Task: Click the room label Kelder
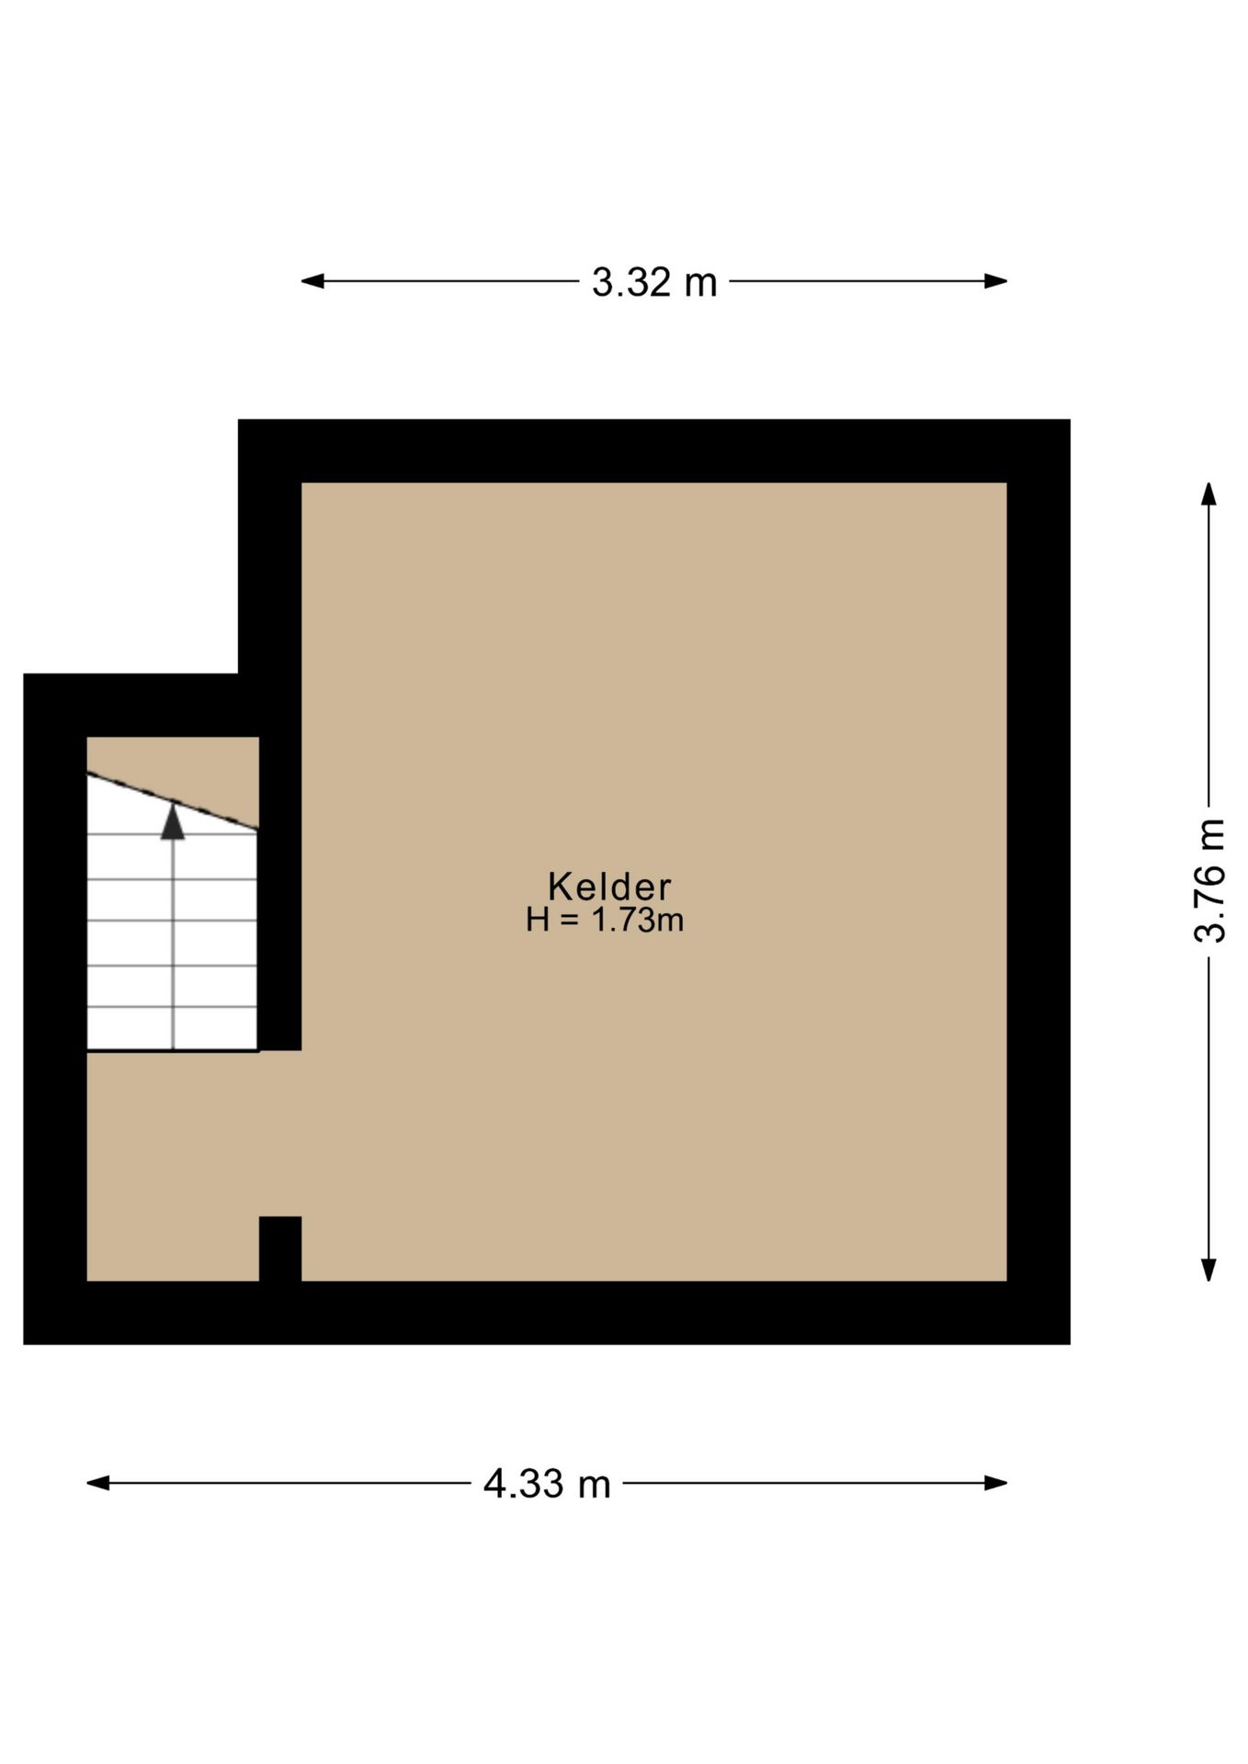click(609, 887)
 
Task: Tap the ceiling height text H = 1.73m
click(605, 920)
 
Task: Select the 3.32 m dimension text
click(654, 282)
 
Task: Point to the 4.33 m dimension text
click(547, 1484)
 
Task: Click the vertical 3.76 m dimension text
click(1209, 881)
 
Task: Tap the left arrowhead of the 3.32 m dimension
click(312, 281)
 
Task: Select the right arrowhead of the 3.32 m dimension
click(996, 281)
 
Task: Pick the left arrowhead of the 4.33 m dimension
click(98, 1483)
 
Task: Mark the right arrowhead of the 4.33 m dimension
click(996, 1483)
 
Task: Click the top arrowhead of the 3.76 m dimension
click(1209, 494)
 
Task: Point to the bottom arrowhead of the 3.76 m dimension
click(1209, 1269)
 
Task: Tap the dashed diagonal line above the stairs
click(173, 802)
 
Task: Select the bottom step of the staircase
click(172, 1028)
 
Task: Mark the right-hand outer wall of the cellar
click(1038, 882)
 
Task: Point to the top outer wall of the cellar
click(654, 451)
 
